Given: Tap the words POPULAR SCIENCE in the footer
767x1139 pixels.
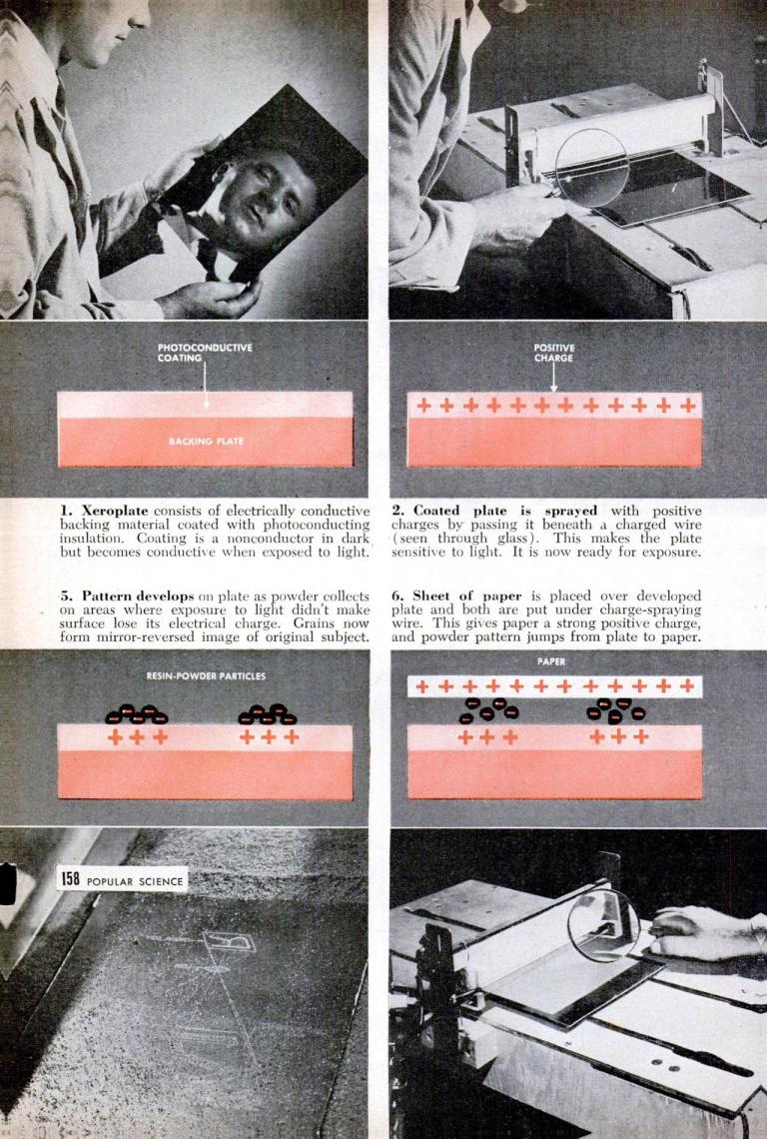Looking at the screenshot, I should pyautogui.click(x=135, y=880).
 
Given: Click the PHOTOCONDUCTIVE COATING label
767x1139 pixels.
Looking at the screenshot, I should pyautogui.click(x=205, y=352).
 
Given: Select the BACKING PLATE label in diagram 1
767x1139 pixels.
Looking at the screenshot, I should pyautogui.click(x=205, y=441).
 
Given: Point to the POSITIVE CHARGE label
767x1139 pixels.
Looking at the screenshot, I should pyautogui.click(x=554, y=352).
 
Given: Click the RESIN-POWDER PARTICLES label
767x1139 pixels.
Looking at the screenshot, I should pyautogui.click(x=206, y=676).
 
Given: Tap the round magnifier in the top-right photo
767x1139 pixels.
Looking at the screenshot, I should pyautogui.click(x=591, y=167).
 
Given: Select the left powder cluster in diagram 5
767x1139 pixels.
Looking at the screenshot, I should pyautogui.click(x=137, y=714).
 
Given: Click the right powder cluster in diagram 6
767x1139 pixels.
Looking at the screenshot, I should pyautogui.click(x=616, y=710).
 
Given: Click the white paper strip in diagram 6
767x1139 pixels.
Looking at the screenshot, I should pyautogui.click(x=554, y=686).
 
